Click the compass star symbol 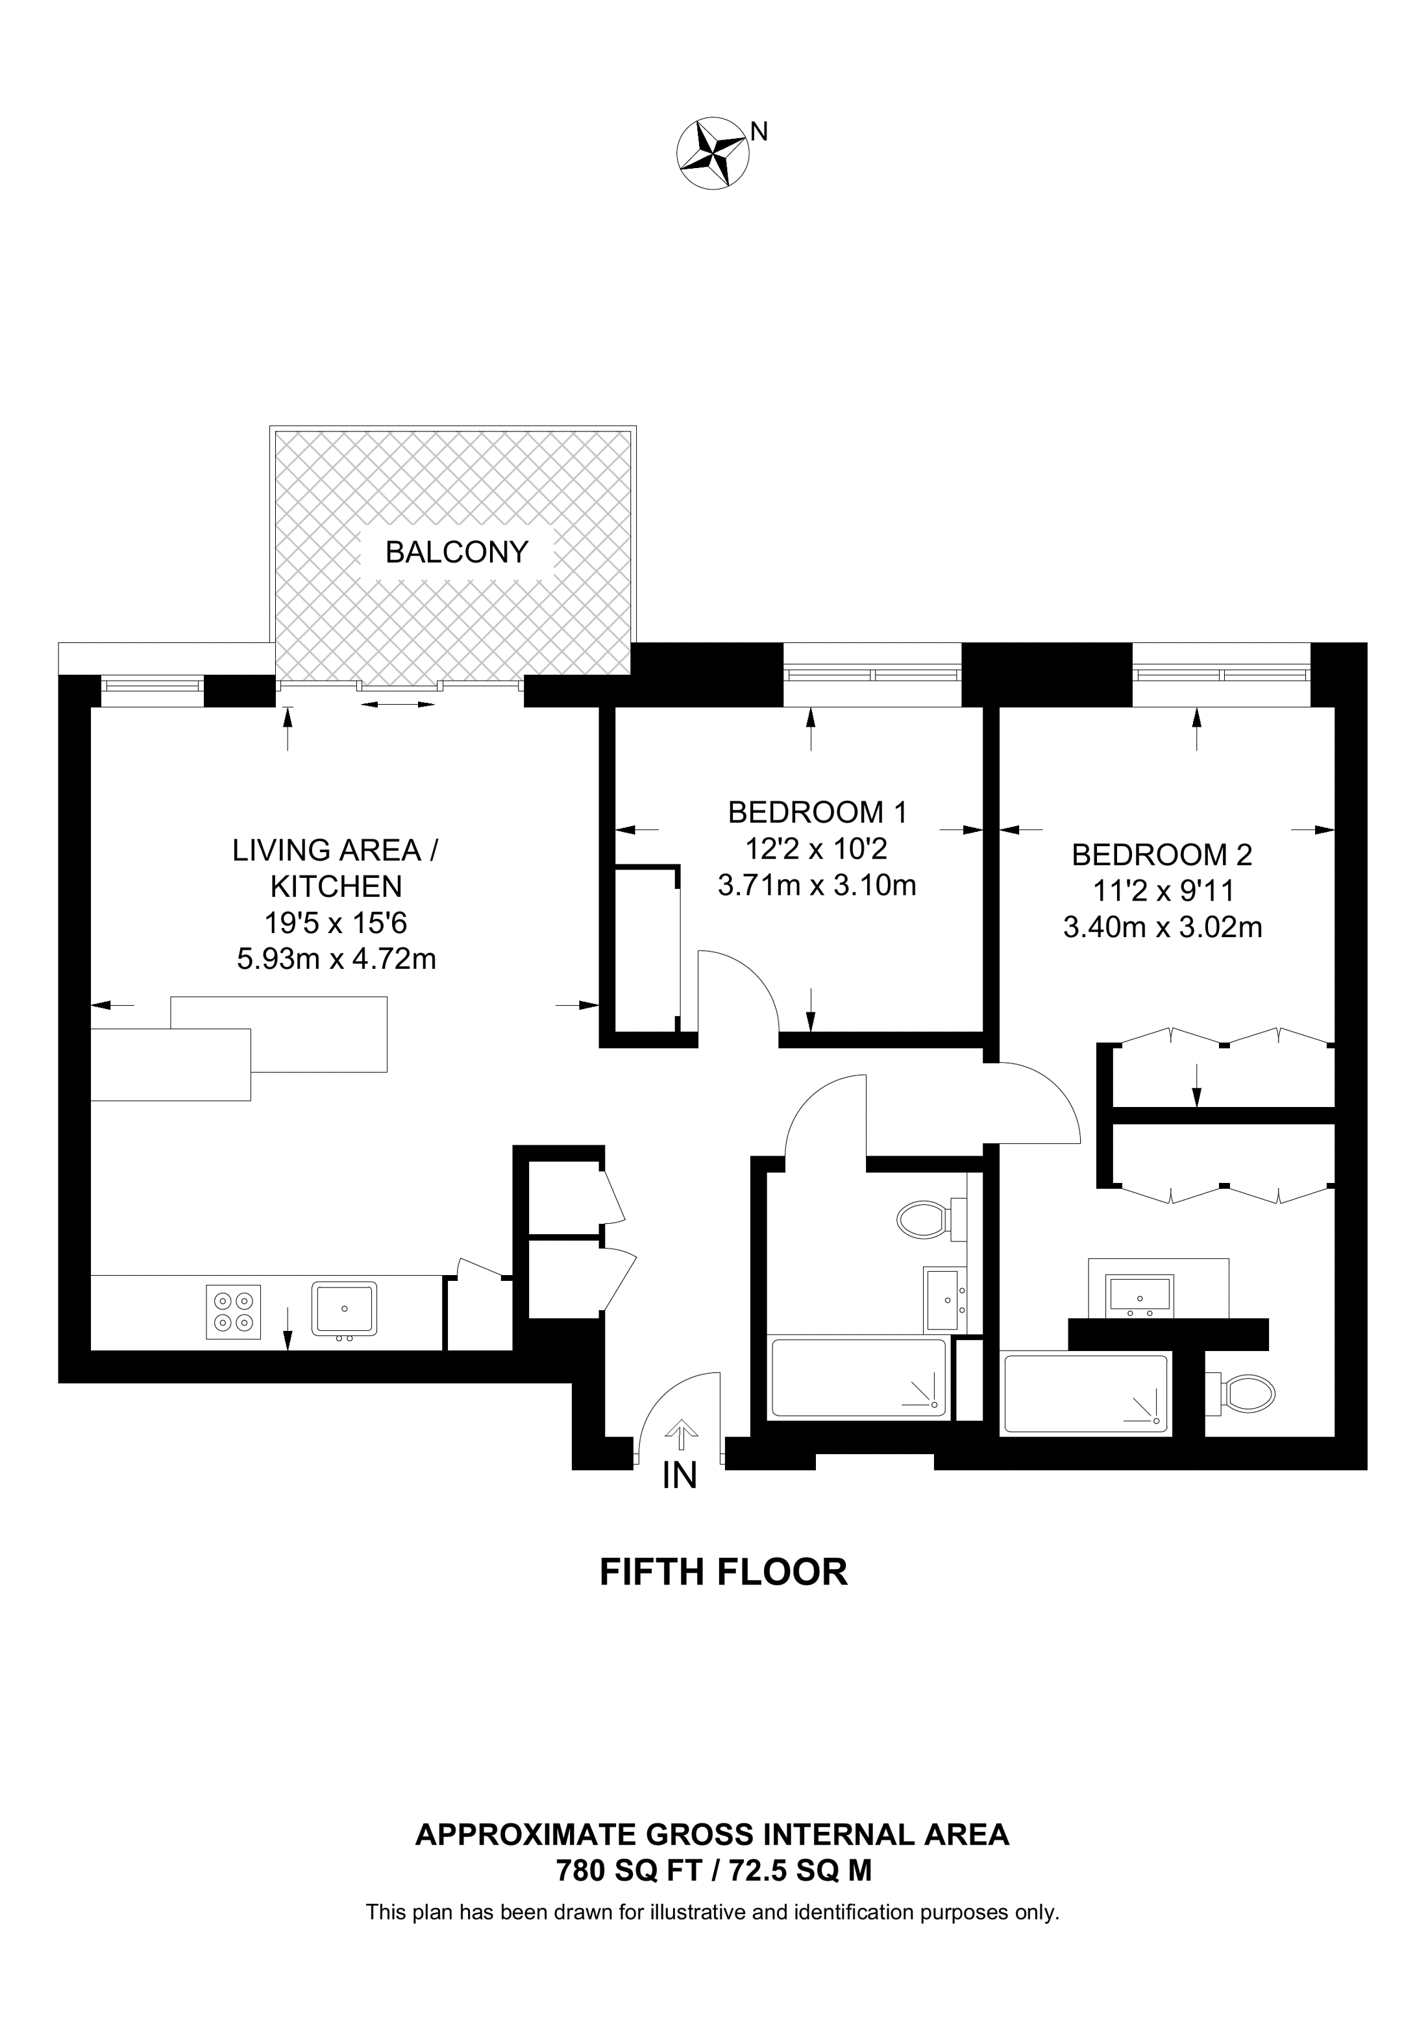coord(713,152)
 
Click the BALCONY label coord(457,552)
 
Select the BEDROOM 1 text coord(817,812)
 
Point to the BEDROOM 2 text coord(1161,855)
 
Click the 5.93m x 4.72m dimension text coord(336,958)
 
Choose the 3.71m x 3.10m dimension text coord(817,885)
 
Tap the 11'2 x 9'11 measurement coord(1163,891)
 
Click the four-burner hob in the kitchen coord(233,1313)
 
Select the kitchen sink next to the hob coord(343,1311)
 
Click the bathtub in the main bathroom coord(858,1380)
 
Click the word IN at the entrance coord(679,1476)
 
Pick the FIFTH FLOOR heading coord(723,1572)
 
